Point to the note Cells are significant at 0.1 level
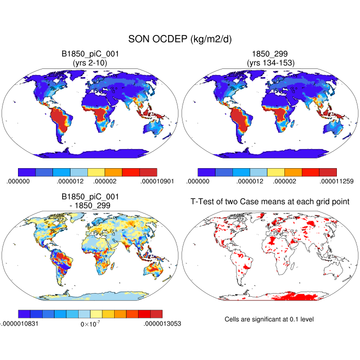pos(269,319)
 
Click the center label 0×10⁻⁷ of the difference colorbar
pos(91,324)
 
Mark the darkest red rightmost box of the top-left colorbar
pos(148,172)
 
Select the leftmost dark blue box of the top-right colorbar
pos(206,172)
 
